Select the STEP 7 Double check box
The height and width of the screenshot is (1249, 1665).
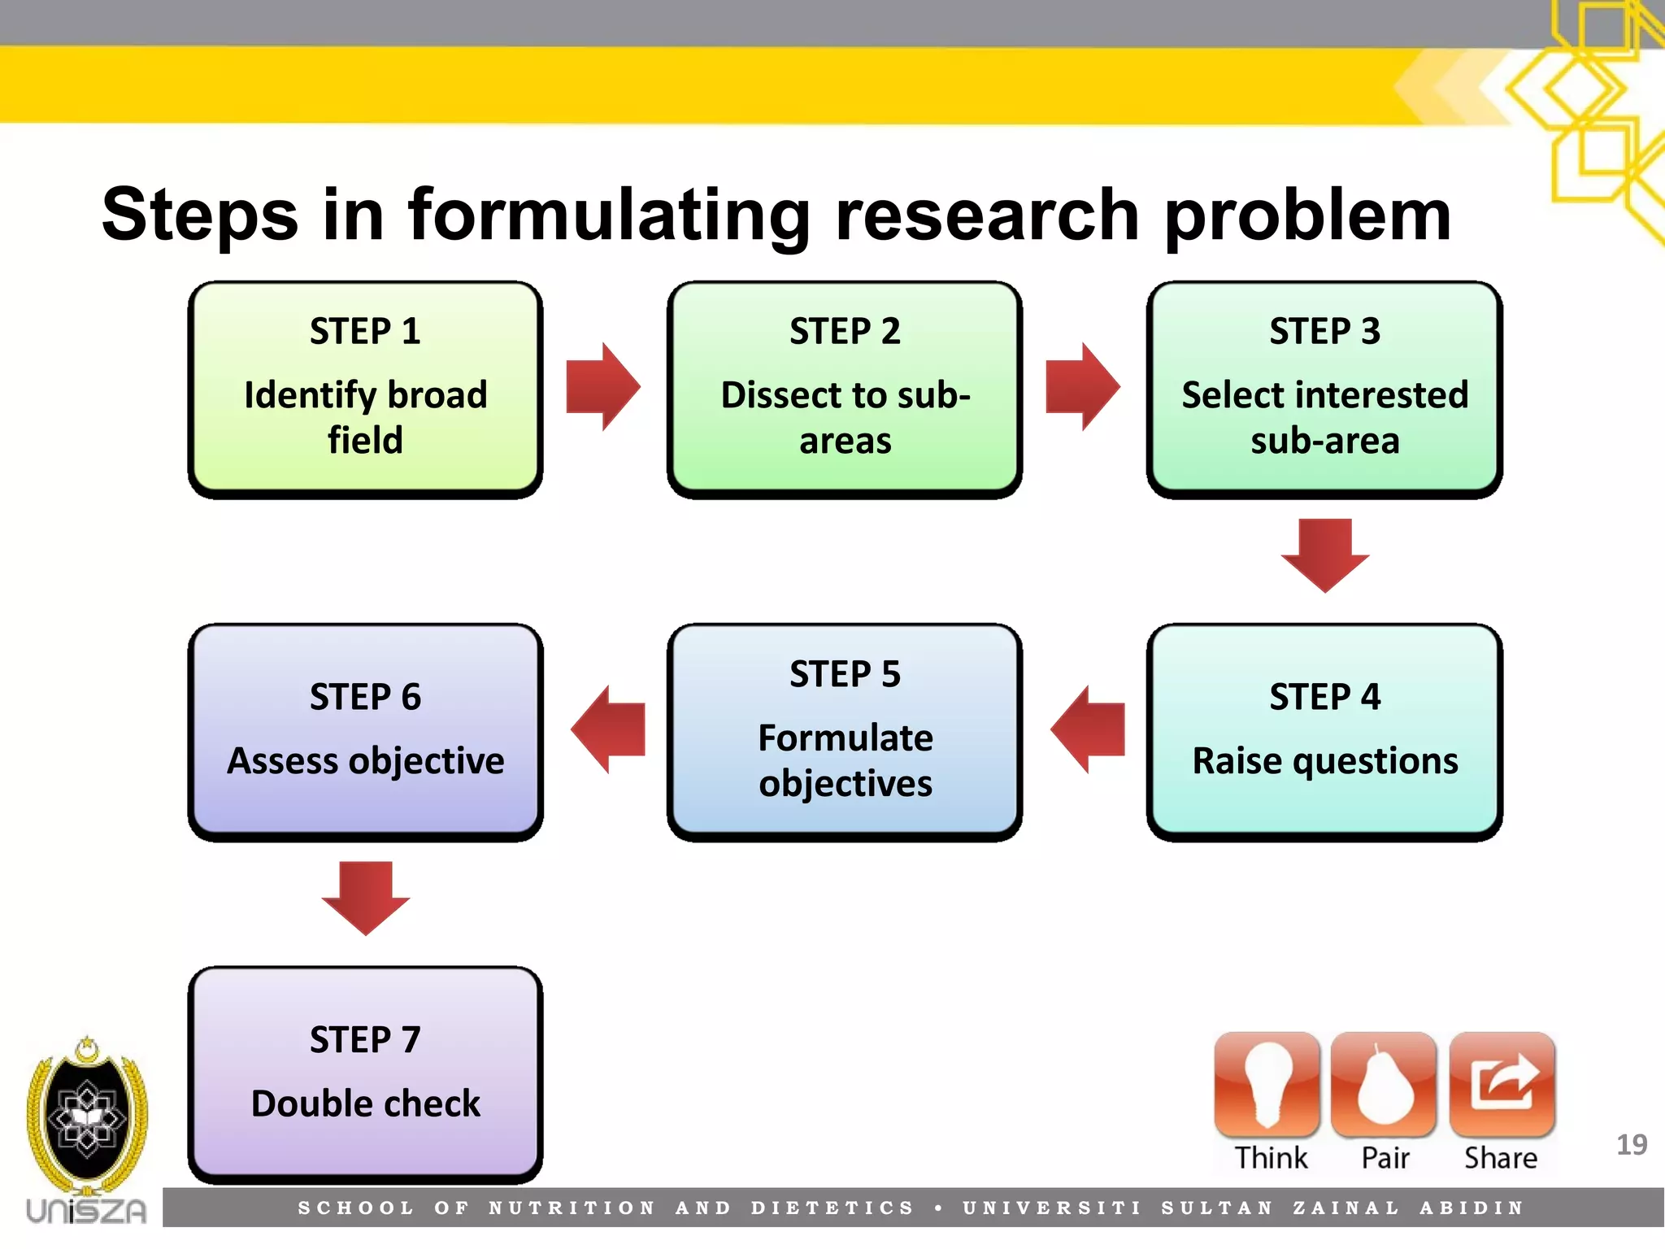[365, 1073]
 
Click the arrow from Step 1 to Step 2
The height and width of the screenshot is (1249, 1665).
[602, 387]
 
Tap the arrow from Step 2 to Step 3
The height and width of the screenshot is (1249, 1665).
[1082, 387]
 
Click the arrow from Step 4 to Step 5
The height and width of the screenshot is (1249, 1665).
[1088, 729]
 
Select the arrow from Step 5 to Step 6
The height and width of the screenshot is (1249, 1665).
[608, 729]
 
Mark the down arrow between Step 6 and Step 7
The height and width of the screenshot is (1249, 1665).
[365, 897]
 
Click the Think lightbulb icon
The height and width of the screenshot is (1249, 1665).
[1267, 1085]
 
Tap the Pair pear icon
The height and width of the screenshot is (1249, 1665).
[1384, 1085]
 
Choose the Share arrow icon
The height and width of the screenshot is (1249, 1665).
[1502, 1085]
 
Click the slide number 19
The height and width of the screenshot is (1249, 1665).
[1631, 1145]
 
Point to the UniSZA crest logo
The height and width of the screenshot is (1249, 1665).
[87, 1118]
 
